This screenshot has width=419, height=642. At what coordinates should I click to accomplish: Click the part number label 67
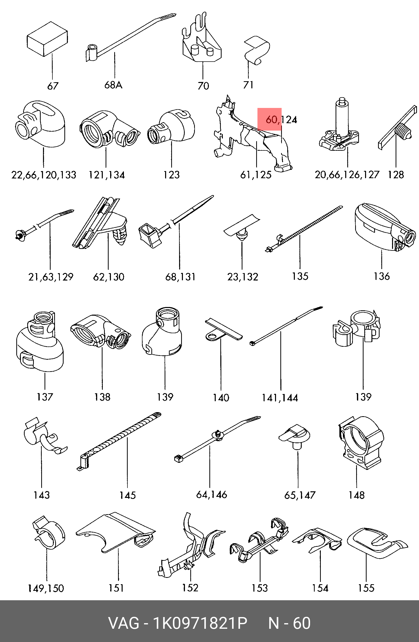(x=53, y=86)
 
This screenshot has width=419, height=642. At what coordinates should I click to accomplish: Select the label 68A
(x=113, y=85)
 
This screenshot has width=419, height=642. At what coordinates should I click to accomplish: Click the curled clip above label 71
(x=256, y=50)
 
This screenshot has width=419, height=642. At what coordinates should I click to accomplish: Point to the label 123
(x=171, y=175)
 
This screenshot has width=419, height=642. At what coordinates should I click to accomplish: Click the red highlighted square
(x=269, y=119)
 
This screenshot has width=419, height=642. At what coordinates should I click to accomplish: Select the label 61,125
(x=256, y=175)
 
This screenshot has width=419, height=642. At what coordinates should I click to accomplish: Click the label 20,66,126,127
(x=347, y=175)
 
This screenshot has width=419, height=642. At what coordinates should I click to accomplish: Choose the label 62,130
(x=108, y=277)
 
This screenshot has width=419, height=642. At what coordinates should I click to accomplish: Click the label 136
(x=382, y=276)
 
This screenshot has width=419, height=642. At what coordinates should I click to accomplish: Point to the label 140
(x=221, y=398)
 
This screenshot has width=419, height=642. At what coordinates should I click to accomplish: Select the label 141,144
(x=280, y=398)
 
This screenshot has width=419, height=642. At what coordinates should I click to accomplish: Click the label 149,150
(x=46, y=588)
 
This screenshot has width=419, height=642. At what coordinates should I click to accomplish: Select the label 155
(x=366, y=588)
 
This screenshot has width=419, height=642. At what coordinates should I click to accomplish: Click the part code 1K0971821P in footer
(x=200, y=623)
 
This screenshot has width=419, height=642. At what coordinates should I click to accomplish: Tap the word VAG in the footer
(x=124, y=623)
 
